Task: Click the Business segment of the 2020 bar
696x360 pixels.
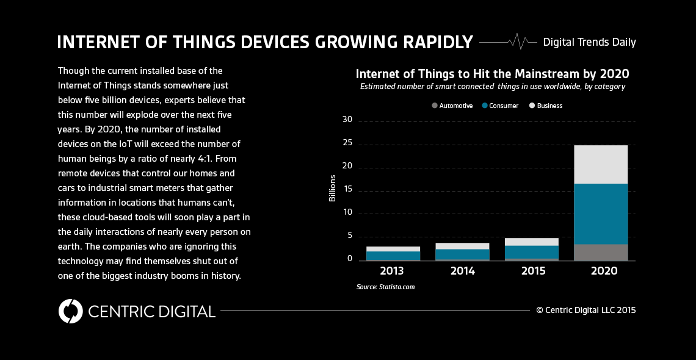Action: [x=601, y=164]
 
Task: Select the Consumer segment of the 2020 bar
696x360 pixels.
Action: [x=601, y=214]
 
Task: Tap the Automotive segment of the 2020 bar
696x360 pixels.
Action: [x=601, y=252]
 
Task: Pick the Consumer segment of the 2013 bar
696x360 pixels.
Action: [x=385, y=255]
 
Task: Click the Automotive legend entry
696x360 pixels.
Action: [x=452, y=106]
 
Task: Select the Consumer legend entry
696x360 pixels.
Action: [x=500, y=106]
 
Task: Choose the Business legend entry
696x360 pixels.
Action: [x=546, y=106]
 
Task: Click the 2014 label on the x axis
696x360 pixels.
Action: [x=463, y=271]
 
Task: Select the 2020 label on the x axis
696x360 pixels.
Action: [x=601, y=271]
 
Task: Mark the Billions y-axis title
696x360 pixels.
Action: [x=333, y=189]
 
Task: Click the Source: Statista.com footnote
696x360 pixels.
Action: [x=385, y=286]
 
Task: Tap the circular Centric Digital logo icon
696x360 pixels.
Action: [x=70, y=311]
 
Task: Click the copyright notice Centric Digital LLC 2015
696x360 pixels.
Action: [x=586, y=310]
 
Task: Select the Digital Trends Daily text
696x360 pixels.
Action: [x=589, y=42]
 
